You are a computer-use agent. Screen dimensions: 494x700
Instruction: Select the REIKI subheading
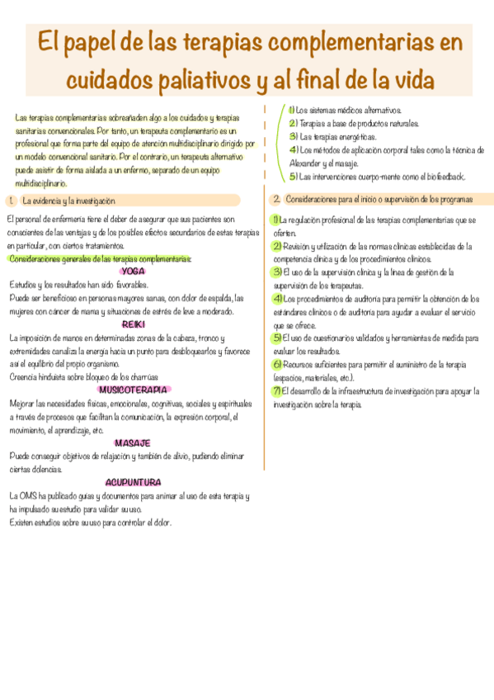134,324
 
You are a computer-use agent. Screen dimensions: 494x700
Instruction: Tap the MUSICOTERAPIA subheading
134,390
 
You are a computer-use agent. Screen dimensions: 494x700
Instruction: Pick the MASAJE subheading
133,443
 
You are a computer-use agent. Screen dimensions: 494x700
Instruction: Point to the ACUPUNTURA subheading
133,482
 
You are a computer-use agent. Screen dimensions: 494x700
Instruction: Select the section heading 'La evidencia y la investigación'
68,201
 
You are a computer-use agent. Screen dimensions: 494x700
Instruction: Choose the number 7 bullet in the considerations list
277,390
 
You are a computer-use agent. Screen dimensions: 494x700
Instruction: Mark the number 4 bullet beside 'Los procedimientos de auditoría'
277,298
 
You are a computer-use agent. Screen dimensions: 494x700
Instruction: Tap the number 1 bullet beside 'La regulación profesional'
277,220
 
